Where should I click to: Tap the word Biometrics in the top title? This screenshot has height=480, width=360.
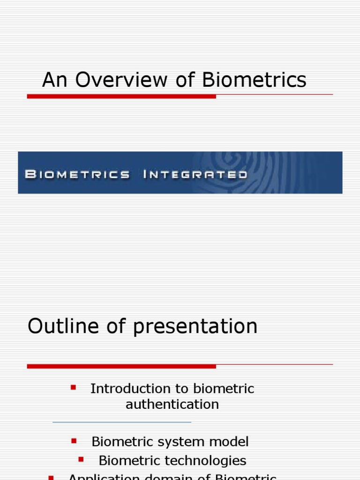[255, 80]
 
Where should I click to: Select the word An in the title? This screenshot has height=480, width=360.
[52, 80]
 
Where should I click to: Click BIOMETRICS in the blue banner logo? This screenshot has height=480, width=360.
[77, 175]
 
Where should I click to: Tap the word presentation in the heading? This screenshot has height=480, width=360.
[195, 327]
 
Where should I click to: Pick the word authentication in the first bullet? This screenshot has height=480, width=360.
[172, 404]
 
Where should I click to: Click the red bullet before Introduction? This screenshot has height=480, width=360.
[73, 387]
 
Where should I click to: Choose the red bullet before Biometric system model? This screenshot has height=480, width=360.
[74, 441]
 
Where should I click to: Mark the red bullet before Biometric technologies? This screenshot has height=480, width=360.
[81, 459]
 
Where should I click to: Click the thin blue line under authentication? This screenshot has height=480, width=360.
[122, 422]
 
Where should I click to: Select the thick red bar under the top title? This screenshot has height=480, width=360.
[121, 96]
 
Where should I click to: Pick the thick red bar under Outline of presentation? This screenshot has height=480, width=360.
[121, 366]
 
